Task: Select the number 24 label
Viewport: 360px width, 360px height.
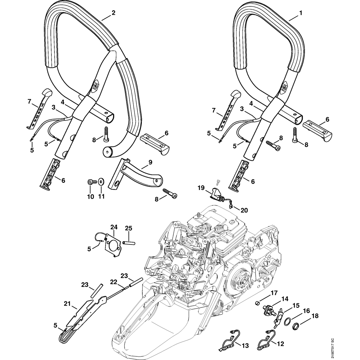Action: pyautogui.click(x=114, y=227)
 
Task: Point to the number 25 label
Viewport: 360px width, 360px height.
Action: pyautogui.click(x=129, y=228)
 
